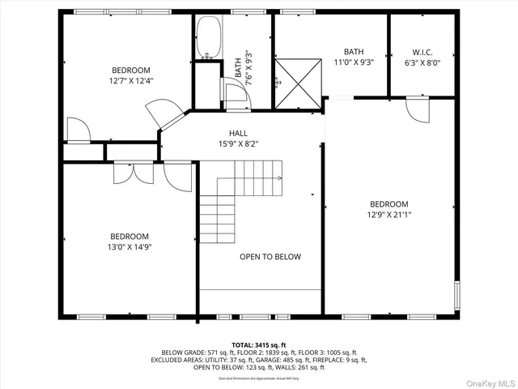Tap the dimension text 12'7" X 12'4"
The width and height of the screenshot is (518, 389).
click(130, 81)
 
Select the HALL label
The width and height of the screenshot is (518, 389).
click(238, 133)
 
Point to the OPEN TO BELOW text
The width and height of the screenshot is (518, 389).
click(270, 257)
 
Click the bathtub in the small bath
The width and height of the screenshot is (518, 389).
click(207, 38)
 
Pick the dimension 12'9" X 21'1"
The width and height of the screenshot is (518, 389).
click(388, 215)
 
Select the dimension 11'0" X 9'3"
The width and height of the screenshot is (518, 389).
click(353, 62)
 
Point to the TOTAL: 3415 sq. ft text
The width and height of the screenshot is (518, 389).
click(259, 344)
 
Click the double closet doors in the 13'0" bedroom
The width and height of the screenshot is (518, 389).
click(134, 172)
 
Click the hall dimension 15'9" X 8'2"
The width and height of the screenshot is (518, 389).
click(238, 143)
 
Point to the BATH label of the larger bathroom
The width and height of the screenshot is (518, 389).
click(353, 51)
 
